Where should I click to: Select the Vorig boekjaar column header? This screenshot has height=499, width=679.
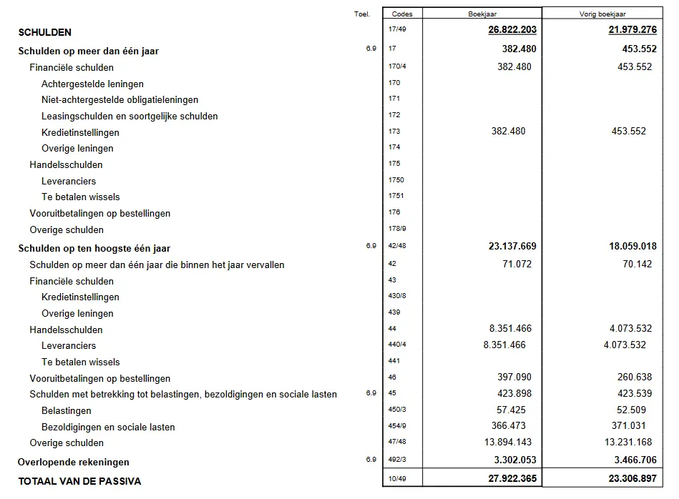coord(603,14)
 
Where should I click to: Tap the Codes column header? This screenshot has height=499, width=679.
coord(402,14)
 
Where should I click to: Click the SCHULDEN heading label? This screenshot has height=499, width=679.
coord(44,32)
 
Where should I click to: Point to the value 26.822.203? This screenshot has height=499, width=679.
coord(508,30)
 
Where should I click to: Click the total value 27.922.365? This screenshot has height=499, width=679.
coord(508,479)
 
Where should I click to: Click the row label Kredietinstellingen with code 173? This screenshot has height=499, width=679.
coord(80,132)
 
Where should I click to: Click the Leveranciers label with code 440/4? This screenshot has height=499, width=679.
coord(69,346)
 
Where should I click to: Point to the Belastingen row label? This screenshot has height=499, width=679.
coord(67,411)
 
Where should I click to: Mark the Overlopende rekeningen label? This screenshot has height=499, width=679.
coord(73,462)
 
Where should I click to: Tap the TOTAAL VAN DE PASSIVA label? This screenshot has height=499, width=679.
coord(79,481)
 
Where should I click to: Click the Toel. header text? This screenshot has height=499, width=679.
coord(361,14)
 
